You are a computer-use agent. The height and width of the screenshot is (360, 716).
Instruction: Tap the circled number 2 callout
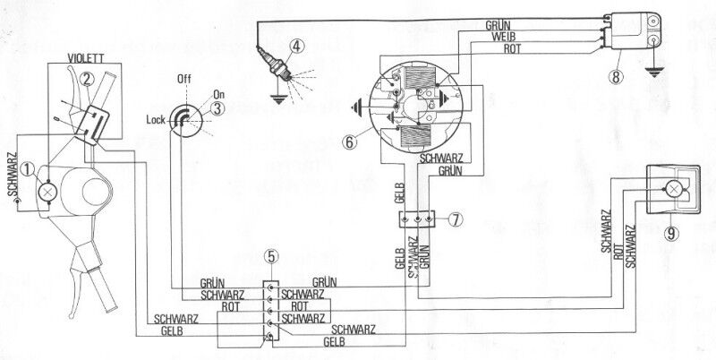pos(87,77)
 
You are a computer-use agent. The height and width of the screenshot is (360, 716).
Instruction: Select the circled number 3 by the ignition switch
pos(217,108)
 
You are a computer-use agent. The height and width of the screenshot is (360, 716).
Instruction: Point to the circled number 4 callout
pos(296,47)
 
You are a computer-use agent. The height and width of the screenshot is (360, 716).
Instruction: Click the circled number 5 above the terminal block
pos(271,258)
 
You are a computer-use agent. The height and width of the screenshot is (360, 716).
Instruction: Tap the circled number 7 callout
pos(456,218)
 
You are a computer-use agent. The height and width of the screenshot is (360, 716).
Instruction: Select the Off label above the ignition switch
pos(185,79)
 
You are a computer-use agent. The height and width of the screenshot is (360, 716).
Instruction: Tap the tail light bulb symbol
pos(670,189)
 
